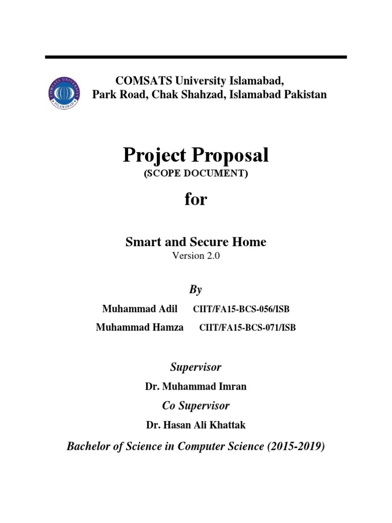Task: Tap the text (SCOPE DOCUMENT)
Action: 196,174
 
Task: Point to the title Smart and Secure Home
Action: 196,242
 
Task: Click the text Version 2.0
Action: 196,256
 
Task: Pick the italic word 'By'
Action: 196,290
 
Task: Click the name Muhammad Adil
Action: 140,309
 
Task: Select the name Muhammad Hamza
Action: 140,328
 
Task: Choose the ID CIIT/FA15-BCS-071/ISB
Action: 247,328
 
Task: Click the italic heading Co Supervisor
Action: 196,406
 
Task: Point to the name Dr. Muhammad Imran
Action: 196,387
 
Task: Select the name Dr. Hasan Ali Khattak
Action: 196,425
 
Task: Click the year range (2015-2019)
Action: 296,446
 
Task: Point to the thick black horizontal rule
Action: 196,57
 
